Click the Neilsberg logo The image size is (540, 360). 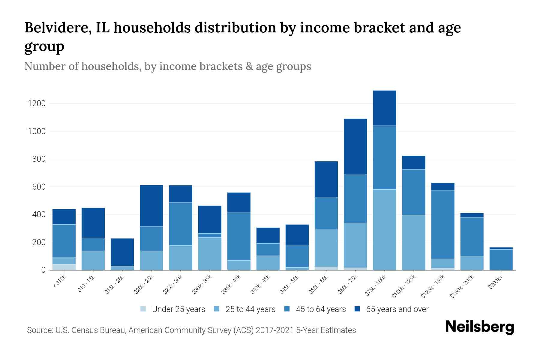pos(479,327)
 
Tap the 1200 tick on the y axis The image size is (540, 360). pos(37,104)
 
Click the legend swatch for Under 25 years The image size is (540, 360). pos(143,309)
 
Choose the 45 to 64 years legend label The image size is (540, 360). pos(321,309)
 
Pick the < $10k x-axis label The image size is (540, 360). pos(59,282)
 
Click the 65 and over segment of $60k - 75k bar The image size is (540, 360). pos(355,147)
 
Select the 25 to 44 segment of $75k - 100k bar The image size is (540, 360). pos(384,229)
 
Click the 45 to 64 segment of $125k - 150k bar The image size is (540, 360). pos(442,225)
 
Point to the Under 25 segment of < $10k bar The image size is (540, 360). pos(64,267)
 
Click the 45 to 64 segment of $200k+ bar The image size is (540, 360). pos(501,259)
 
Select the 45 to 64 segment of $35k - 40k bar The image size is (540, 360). pos(239,236)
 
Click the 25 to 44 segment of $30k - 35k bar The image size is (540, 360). pos(210,254)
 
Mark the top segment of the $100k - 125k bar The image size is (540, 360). pos(413,163)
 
